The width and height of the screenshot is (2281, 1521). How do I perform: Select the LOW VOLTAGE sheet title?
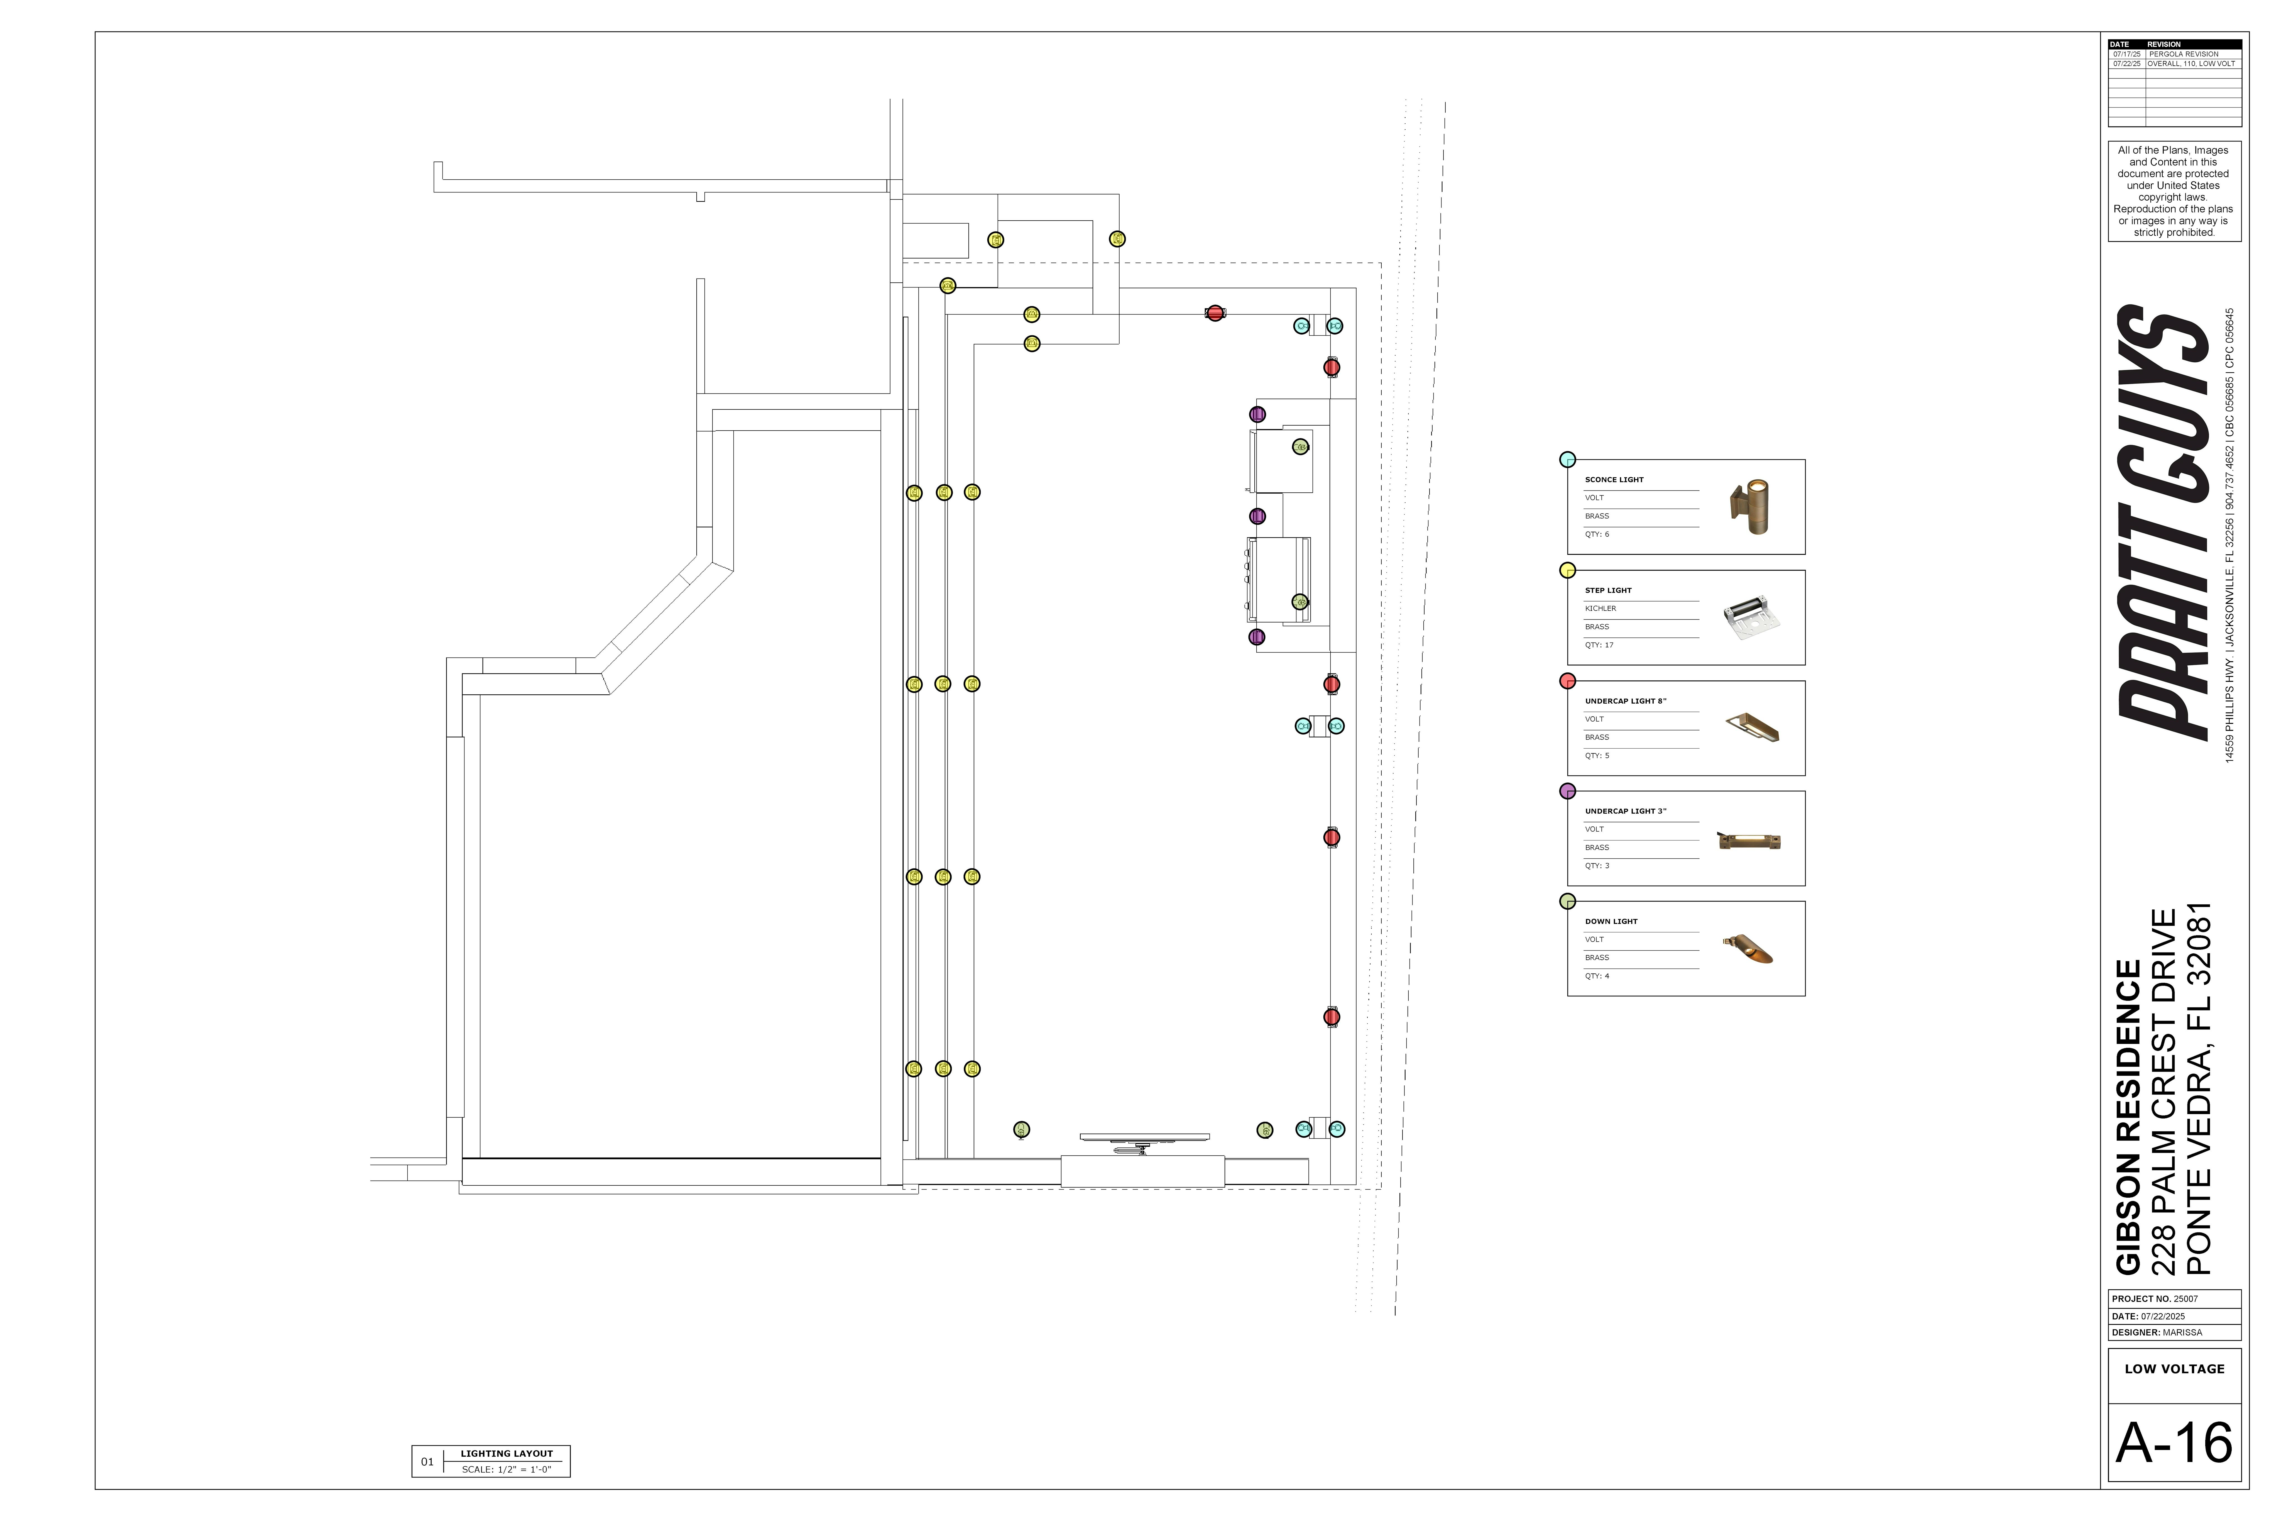click(x=2174, y=1369)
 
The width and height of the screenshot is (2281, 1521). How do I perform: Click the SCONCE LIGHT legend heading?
click(x=1614, y=479)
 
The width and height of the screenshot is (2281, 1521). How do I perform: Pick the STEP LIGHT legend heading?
click(x=1608, y=590)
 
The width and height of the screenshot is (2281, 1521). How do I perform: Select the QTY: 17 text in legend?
click(x=1599, y=645)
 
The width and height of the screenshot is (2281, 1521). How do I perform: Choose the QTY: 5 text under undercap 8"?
click(x=1596, y=756)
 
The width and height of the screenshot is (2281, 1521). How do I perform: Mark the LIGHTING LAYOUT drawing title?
click(x=506, y=1453)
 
